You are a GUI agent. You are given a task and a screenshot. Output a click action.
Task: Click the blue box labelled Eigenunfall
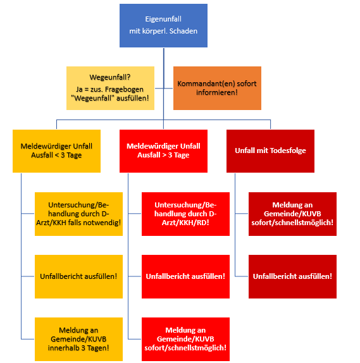(x=163, y=25)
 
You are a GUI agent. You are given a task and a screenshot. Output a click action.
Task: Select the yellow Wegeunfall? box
(x=110, y=88)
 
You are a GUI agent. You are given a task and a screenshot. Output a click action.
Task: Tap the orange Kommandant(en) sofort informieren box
(x=217, y=88)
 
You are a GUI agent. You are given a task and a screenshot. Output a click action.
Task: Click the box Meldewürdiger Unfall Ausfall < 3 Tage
(x=56, y=151)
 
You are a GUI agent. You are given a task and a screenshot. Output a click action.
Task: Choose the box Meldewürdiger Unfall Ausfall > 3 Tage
(x=163, y=151)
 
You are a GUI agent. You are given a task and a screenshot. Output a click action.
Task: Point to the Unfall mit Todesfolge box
(x=270, y=151)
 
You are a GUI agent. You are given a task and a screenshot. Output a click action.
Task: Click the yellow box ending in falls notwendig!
(x=78, y=214)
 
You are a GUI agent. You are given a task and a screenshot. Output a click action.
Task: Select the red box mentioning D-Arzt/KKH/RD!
(x=185, y=214)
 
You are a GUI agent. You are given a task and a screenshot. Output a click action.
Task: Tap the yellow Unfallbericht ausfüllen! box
(x=78, y=276)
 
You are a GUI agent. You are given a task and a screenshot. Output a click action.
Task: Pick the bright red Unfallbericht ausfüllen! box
(x=185, y=276)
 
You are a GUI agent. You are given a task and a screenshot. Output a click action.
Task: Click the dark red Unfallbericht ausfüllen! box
(x=292, y=276)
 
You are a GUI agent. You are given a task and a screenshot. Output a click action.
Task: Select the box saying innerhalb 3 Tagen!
(x=78, y=339)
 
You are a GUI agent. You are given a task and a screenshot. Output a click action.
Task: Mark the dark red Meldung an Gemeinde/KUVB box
(x=292, y=214)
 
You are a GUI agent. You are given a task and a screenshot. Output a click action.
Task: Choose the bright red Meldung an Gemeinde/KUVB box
(x=185, y=339)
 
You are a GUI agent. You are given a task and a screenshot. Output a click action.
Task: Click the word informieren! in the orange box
(x=217, y=92)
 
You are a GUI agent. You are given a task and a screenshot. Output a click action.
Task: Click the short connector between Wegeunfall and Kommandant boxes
(x=164, y=88)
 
